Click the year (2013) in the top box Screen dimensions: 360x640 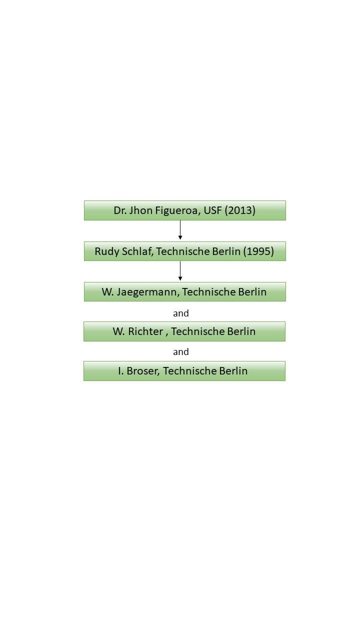(240, 210)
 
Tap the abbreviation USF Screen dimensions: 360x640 (212, 210)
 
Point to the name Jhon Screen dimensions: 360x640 (141, 210)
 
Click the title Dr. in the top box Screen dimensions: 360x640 (120, 210)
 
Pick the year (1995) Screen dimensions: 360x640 (258, 251)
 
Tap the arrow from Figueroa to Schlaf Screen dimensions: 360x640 (180, 230)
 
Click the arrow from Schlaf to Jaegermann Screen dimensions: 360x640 (180, 271)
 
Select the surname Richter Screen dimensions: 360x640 (145, 331)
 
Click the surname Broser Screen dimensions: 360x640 (143, 371)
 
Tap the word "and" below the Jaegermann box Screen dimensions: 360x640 (181, 313)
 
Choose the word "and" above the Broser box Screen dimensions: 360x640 (181, 351)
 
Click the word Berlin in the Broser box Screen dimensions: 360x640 (233, 371)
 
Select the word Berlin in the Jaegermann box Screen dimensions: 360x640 (252, 291)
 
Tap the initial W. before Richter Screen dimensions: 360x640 (119, 331)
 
